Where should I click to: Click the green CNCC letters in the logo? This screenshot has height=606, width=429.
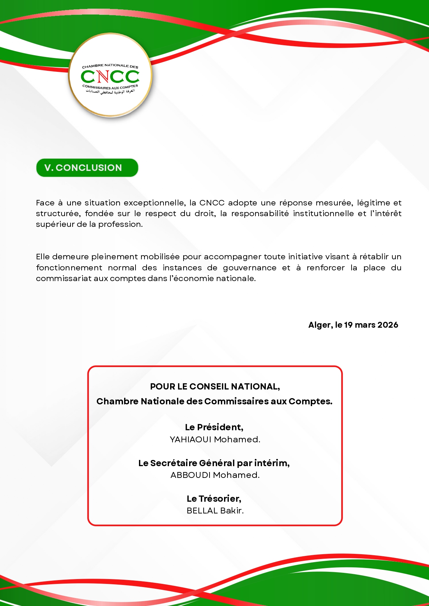coord(110,76)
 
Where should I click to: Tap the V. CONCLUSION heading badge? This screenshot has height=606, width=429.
coord(87,168)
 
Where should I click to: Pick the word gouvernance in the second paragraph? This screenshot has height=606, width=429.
coord(249,268)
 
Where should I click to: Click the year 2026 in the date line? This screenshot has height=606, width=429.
coord(388,325)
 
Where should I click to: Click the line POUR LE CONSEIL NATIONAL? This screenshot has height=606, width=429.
coord(215,387)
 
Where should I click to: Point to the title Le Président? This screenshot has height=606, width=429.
coord(214,427)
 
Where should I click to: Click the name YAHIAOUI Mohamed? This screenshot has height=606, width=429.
coord(215,440)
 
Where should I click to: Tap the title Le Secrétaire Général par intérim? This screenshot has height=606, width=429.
coord(214,463)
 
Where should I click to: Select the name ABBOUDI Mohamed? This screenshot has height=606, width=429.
coord(215,475)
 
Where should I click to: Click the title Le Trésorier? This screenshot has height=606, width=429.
coord(214,499)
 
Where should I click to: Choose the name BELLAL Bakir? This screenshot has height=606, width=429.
coord(215,511)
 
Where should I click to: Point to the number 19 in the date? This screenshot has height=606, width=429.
coord(348,325)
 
